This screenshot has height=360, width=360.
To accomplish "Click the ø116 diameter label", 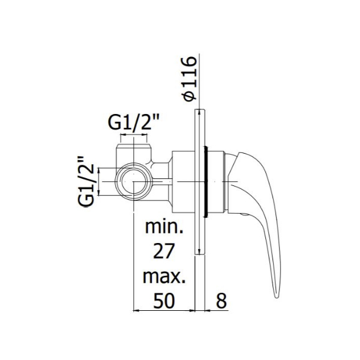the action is pos(190,79).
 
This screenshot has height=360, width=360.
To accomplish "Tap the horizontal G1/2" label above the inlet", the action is pos(134,122).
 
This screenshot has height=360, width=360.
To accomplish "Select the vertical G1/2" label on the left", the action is pos(86,182).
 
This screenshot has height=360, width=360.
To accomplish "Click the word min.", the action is pos(164,227).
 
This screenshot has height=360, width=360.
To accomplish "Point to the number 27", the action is pos(164,251).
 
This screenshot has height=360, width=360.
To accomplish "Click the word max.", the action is pos(164,276).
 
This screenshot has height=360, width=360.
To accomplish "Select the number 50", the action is pos(164,301).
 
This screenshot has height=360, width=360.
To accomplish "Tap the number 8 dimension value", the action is pos(221,301).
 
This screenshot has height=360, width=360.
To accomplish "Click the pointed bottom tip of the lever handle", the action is pos(277,298).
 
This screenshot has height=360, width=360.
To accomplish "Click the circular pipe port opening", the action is pos(134,182).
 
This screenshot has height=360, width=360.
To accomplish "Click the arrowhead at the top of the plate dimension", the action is pos(199,113).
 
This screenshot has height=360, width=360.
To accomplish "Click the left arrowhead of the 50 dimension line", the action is pos(136,311).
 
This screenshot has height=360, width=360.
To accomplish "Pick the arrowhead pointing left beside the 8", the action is pos(208,311).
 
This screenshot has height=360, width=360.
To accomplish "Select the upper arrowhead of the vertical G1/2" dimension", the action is pos(99,171).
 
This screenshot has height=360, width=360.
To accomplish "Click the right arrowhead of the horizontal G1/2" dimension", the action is pos(144,135).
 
